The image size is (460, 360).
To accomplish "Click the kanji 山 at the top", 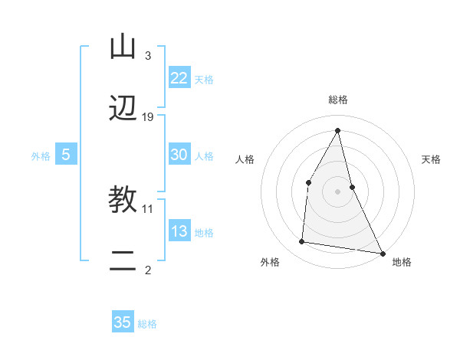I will tap(123, 47).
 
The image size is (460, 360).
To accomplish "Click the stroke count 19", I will tap(148, 117).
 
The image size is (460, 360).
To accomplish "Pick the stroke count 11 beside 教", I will tap(148, 208).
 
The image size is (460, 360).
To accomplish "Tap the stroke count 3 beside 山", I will tap(148, 55).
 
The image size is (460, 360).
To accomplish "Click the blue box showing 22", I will tap(179, 78).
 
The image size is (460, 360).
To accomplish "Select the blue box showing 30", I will tap(179, 155).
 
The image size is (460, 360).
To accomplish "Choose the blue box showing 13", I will tap(179, 231).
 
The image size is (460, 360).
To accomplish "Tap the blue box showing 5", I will tap(65, 155).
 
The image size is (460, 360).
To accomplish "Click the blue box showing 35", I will tap(123, 322).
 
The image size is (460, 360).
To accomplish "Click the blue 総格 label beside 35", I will tap(147, 324).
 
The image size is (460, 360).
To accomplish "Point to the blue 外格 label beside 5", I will tap(41, 156).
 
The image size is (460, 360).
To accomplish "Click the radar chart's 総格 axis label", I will tap(338, 100).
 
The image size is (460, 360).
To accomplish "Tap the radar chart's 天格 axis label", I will tap(432, 160).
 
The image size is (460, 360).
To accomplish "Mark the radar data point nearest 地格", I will tap(383, 253).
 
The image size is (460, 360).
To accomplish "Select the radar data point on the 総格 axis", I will tap(338, 130).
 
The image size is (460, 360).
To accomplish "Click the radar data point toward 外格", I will tap(302, 242).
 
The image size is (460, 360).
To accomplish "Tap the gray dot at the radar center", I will tap(338, 191).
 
